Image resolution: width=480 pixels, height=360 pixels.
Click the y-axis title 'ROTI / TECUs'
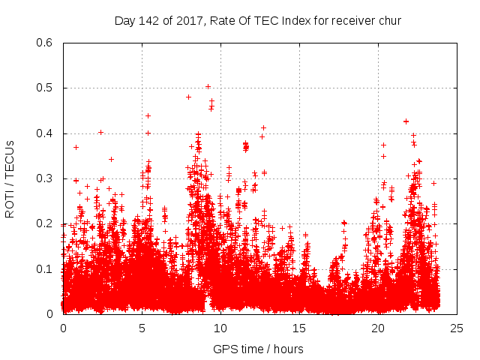tap(10, 178)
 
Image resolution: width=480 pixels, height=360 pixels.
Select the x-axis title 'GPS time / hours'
tap(258, 349)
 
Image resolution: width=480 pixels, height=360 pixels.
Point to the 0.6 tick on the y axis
tap(44, 43)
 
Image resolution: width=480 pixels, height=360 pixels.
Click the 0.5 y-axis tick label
tap(44, 88)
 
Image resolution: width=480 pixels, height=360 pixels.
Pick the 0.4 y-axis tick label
tap(44, 133)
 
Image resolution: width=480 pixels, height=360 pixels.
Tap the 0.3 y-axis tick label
tap(44, 178)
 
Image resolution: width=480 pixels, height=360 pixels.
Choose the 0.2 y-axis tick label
tap(44, 223)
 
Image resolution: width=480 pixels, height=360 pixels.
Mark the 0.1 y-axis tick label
tap(44, 268)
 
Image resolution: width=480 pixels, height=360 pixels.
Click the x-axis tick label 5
tap(142, 328)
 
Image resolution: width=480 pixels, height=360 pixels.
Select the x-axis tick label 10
tap(220, 328)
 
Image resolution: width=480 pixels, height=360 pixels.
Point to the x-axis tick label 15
tap(299, 328)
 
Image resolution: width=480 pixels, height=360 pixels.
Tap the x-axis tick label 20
tap(378, 328)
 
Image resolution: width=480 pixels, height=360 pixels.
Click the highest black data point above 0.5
tap(208, 86)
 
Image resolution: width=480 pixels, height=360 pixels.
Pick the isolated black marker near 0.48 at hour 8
tap(188, 97)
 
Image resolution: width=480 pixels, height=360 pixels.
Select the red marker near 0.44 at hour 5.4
tap(148, 115)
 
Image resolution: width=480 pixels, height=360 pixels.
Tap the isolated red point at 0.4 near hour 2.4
tap(100, 132)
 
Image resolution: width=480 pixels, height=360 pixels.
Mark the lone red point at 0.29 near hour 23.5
tap(433, 183)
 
